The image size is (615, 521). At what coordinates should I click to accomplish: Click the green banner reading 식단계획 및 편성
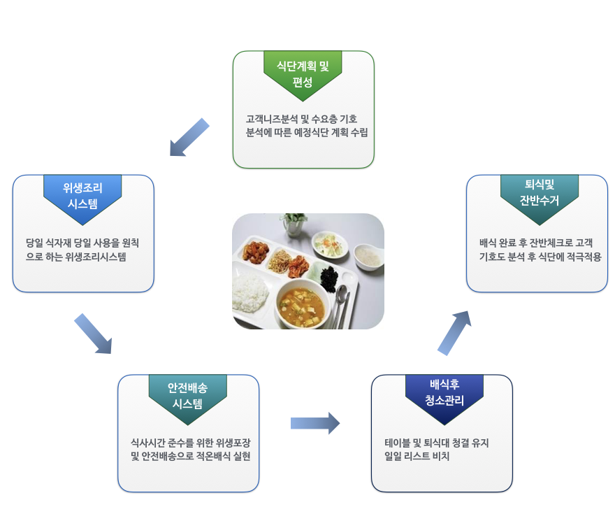click(x=303, y=73)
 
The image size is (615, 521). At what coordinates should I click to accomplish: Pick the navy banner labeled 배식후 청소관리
click(x=444, y=394)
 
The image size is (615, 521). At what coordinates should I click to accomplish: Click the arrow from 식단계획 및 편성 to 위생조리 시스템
click(x=189, y=138)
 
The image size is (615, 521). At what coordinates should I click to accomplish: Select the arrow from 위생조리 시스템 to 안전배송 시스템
click(x=93, y=334)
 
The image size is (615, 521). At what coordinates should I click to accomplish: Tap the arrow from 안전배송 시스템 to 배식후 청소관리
click(x=314, y=423)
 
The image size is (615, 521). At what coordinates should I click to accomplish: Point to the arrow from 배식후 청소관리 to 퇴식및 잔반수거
click(x=454, y=332)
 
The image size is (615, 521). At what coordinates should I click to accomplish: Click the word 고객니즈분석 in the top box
click(x=271, y=118)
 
